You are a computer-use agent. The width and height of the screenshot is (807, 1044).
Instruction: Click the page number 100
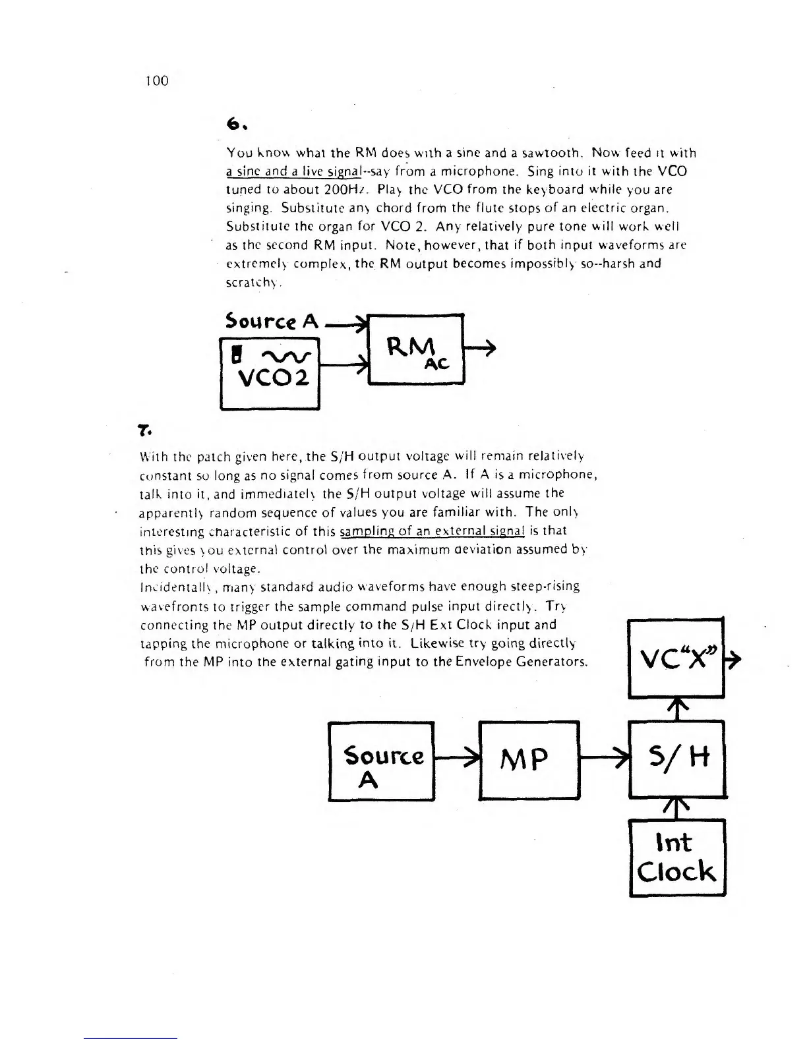pos(157,81)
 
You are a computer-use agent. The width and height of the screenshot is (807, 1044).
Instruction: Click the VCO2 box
pos(270,373)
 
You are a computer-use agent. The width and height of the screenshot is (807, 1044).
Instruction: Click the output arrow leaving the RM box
pos(480,349)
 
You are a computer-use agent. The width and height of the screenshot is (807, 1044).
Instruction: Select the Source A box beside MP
pos(381,761)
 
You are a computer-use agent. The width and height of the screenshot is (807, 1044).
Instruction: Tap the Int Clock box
pos(677,857)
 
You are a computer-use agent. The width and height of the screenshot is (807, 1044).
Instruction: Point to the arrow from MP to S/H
pos(604,757)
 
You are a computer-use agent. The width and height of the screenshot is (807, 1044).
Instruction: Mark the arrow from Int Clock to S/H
pos(677,809)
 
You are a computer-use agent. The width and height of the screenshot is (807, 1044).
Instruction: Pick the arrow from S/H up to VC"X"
pos(677,709)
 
